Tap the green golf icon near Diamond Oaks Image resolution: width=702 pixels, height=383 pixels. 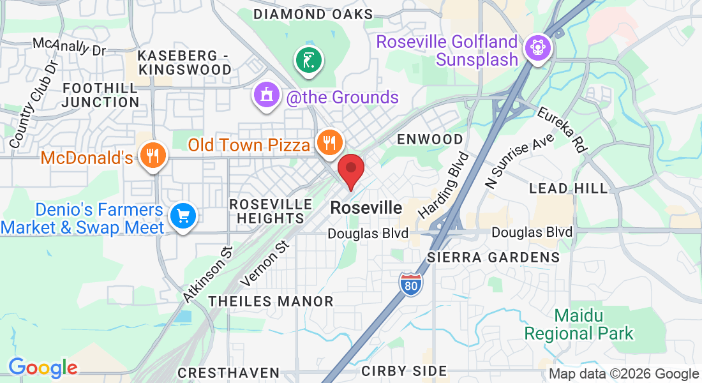(x=309, y=61)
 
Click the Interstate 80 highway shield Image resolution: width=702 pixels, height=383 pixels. (x=412, y=283)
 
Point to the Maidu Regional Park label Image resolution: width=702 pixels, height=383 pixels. (x=579, y=324)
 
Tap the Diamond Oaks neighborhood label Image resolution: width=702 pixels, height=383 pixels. (x=313, y=14)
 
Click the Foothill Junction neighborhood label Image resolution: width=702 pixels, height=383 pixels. (x=101, y=94)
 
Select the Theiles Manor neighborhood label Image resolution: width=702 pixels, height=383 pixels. (x=271, y=301)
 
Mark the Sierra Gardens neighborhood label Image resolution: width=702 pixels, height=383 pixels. (x=493, y=257)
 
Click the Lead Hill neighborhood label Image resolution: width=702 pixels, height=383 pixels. (x=569, y=188)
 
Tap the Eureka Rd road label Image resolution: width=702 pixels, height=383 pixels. (x=562, y=130)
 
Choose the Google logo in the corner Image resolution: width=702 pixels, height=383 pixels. (x=43, y=368)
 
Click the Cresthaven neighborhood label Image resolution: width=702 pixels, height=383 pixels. (x=228, y=372)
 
